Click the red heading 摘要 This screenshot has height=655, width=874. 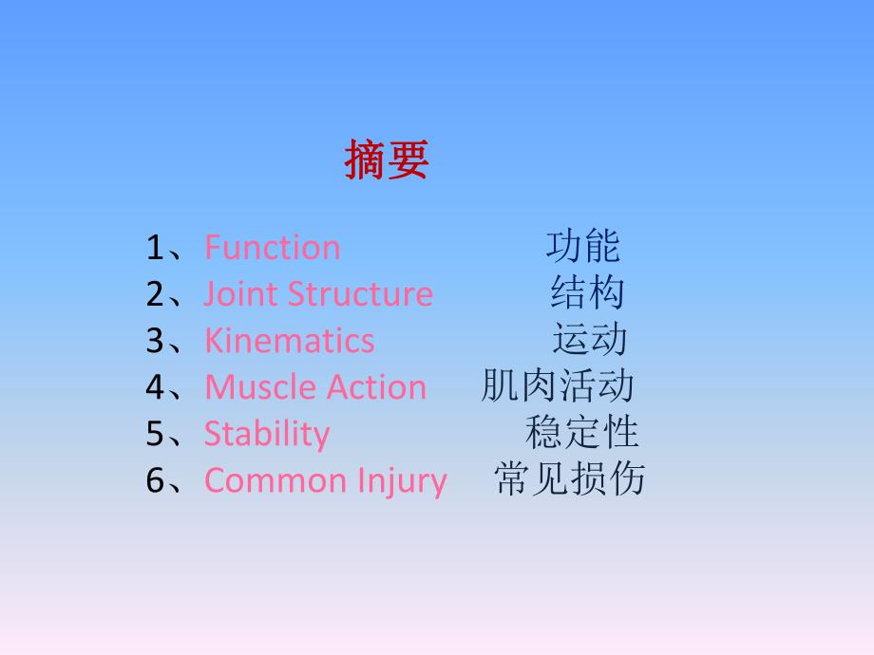point(386,159)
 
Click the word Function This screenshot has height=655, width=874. point(272,248)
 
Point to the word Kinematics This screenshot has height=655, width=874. point(289,341)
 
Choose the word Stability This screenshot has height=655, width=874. point(267,434)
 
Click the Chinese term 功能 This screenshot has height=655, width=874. point(582,246)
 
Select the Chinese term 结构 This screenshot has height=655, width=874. point(587,292)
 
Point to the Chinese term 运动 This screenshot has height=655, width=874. point(589,339)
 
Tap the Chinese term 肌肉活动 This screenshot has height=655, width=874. point(558,385)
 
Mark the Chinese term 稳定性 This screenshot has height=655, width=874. point(581,432)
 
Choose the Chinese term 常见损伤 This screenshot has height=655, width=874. point(569,478)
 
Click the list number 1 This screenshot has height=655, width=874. point(156,249)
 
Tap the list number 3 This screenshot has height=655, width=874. point(156,342)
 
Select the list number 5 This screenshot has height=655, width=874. point(156,435)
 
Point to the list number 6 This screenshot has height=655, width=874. point(156,481)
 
